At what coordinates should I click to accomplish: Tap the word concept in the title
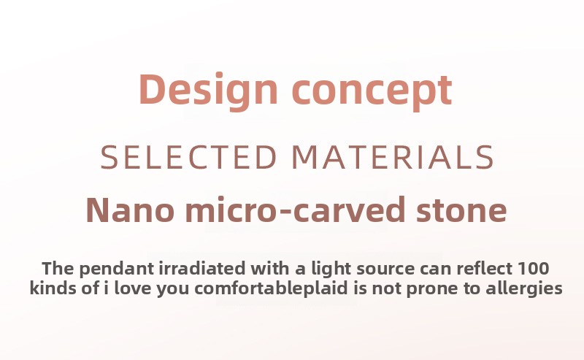pos(372,92)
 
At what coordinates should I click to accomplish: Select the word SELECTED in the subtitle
pos(189,157)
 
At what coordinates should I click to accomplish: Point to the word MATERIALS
pos(393,157)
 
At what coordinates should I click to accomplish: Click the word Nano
pos(131,210)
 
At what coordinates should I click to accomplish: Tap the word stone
pos(462,210)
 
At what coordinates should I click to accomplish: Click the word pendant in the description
pos(117,269)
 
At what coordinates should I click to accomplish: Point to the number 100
pos(534,269)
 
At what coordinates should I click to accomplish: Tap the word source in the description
pos(385,269)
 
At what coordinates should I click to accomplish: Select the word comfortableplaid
pos(271,289)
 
